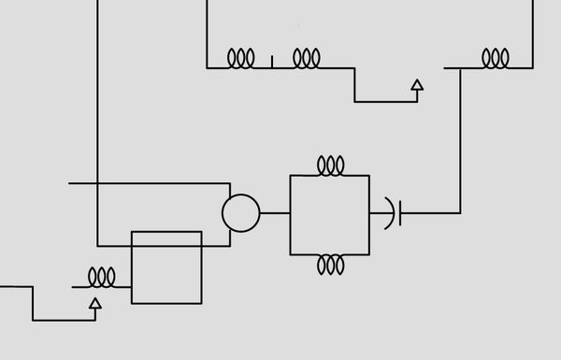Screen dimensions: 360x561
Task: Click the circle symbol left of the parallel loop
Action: (x=240, y=213)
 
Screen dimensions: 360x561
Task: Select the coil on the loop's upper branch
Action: (x=330, y=166)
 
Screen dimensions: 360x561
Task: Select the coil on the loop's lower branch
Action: (x=330, y=265)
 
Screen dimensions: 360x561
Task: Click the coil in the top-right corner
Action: (x=496, y=59)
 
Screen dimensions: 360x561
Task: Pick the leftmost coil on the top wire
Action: (x=241, y=59)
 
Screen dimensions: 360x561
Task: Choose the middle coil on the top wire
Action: (x=307, y=59)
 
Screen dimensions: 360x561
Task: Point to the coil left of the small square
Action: (x=101, y=278)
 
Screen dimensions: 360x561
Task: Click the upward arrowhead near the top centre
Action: (x=417, y=85)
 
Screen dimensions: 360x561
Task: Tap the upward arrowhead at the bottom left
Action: (x=94, y=302)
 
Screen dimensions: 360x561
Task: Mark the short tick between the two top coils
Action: (x=272, y=62)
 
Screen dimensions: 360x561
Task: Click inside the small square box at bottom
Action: (x=166, y=267)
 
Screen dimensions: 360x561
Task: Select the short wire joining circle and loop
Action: (x=275, y=213)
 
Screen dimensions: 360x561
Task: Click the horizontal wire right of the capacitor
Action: (x=430, y=213)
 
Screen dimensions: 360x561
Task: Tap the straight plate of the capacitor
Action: (x=400, y=213)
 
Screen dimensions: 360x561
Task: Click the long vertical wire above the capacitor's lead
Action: (x=460, y=140)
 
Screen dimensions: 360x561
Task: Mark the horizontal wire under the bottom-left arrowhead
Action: (x=64, y=321)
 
